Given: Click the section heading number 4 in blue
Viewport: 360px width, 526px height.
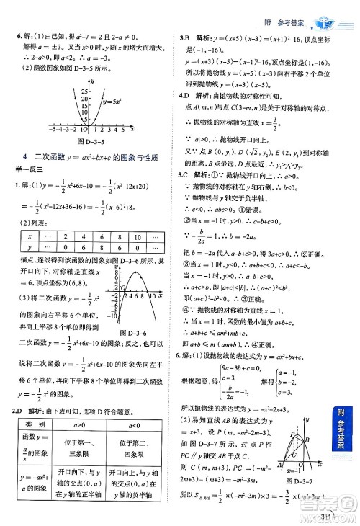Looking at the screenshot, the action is click(25, 156).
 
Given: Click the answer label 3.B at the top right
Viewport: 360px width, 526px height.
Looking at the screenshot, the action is click(184, 35).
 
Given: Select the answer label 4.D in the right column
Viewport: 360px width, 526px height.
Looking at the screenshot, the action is click(185, 95).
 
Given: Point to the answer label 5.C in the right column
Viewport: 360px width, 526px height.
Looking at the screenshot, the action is click(184, 174).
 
